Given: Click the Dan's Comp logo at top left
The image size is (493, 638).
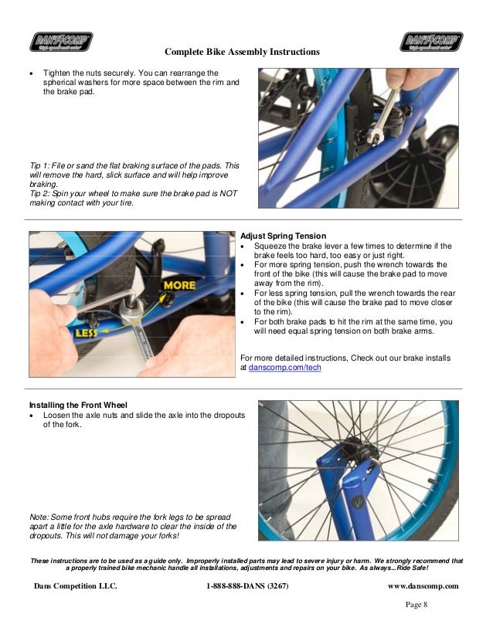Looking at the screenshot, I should pyautogui.click(x=61, y=41).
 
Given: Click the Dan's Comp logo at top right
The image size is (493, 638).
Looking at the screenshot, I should pyautogui.click(x=431, y=41).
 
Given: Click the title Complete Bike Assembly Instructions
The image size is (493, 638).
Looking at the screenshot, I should pyautogui.click(x=242, y=52).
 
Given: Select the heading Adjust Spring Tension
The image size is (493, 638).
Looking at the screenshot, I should pyautogui.click(x=283, y=236).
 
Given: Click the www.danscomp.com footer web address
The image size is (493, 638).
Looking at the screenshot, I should pyautogui.click(x=423, y=586).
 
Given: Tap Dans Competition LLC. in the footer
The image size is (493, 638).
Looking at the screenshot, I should pyautogui.click(x=76, y=586).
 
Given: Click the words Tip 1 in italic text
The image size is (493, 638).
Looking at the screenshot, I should pyautogui.click(x=39, y=165).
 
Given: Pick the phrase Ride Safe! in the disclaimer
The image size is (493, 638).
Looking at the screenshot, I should pyautogui.click(x=430, y=568).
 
